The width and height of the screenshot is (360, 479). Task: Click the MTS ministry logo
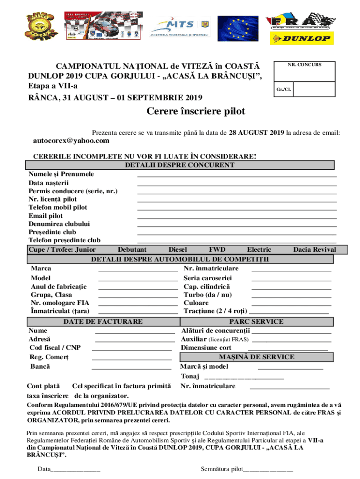[x=180, y=27]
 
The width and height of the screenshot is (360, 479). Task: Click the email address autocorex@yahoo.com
[x=72, y=141]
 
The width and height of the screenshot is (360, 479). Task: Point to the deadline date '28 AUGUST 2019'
[x=257, y=132]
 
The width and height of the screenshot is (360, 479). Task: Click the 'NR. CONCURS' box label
[x=304, y=65]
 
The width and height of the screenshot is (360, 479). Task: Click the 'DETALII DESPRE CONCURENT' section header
[x=180, y=165]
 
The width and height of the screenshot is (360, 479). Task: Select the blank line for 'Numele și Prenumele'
[x=237, y=175]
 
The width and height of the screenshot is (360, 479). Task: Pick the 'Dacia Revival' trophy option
[x=314, y=250]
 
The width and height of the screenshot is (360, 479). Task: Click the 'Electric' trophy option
[x=259, y=250]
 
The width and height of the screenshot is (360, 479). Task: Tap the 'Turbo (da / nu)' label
[x=207, y=295]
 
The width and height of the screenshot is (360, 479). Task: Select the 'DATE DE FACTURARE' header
[x=103, y=321]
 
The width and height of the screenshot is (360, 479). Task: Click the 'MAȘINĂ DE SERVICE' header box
[x=257, y=357]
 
